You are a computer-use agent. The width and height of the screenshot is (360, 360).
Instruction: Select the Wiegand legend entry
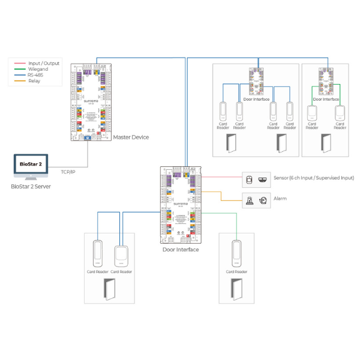click(x=38, y=69)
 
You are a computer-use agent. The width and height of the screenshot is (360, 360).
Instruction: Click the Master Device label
click(x=131, y=137)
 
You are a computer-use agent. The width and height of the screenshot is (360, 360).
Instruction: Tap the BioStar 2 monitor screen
click(x=31, y=163)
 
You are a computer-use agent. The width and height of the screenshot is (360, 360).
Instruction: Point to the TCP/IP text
click(x=68, y=172)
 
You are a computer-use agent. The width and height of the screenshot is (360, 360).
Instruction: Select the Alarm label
click(x=280, y=199)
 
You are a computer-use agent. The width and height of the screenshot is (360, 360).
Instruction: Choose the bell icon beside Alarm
click(x=262, y=201)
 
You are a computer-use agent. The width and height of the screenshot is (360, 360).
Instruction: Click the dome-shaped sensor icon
click(x=262, y=179)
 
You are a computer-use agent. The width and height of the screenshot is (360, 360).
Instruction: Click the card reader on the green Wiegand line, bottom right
click(x=236, y=254)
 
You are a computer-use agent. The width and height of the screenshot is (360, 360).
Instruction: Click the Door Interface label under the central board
click(x=181, y=250)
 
